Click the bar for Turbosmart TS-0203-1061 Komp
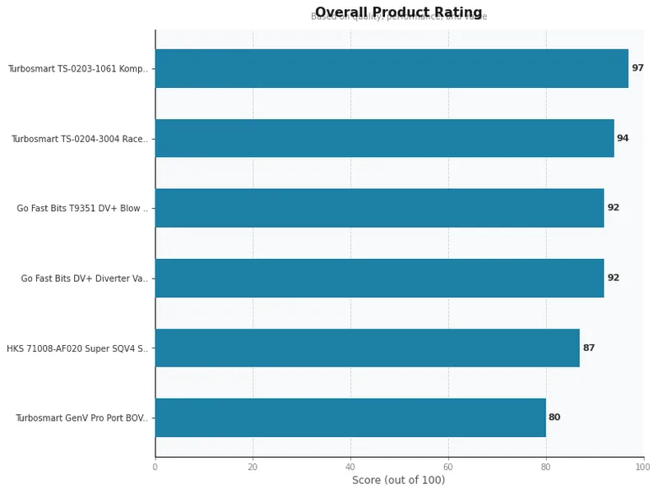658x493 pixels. click(392, 68)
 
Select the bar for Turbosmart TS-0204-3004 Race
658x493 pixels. click(384, 138)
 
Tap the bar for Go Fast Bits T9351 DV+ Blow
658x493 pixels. click(379, 208)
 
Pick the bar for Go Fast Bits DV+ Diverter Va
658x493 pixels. click(379, 278)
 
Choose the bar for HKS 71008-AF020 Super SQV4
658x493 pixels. click(367, 348)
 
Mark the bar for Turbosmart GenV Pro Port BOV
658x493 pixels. click(350, 417)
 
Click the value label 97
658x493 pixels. click(637, 68)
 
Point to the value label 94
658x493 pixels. click(623, 138)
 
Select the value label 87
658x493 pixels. click(589, 348)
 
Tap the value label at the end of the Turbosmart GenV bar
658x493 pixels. click(554, 417)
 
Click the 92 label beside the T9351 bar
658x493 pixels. click(614, 208)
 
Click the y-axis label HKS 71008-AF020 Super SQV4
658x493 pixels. click(77, 348)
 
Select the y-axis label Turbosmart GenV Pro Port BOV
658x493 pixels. click(81, 418)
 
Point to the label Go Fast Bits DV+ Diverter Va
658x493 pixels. click(85, 279)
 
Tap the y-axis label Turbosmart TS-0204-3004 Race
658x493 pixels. click(80, 139)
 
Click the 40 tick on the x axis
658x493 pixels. click(350, 467)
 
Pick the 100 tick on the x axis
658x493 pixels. click(642, 467)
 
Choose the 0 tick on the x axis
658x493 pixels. click(155, 467)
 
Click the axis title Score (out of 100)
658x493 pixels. click(398, 481)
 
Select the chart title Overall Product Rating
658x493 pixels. click(398, 12)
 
